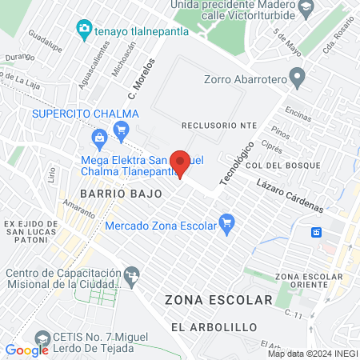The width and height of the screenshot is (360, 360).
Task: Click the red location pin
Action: (x=181, y=163)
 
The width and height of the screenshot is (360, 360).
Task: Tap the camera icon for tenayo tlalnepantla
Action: (x=83, y=30)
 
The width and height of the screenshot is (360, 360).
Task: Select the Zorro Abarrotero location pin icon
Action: (x=298, y=78)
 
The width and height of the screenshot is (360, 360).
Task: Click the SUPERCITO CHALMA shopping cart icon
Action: (x=122, y=128)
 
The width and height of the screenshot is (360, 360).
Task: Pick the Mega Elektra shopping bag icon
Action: (x=99, y=140)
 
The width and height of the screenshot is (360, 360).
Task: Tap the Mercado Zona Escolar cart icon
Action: (x=226, y=222)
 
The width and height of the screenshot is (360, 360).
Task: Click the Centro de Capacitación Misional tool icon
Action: (x=132, y=277)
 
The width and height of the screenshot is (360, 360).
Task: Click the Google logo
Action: (x=27, y=350)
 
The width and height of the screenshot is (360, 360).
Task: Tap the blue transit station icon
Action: (x=317, y=232)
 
